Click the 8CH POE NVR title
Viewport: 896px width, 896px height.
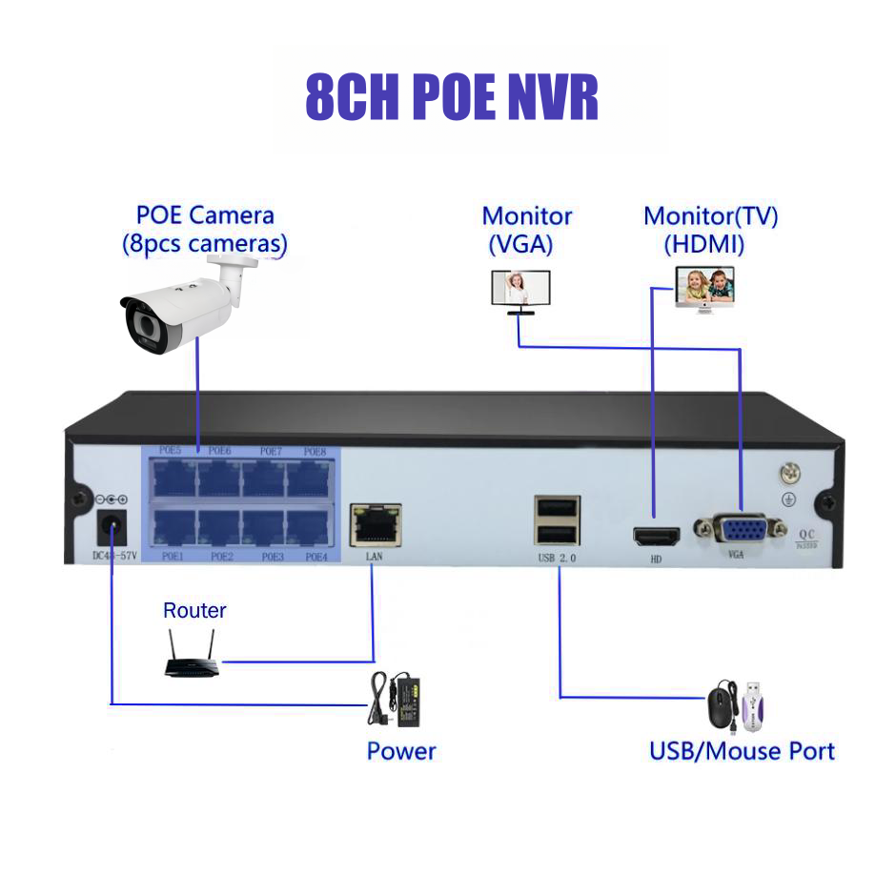pos(451,96)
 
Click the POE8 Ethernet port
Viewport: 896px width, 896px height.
pos(309,475)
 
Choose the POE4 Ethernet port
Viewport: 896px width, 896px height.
pos(309,527)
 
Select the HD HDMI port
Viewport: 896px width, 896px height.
pos(656,536)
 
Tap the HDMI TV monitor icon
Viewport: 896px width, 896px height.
pos(705,288)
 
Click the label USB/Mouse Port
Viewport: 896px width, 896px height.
pos(741,751)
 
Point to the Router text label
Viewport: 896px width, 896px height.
pos(194,610)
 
